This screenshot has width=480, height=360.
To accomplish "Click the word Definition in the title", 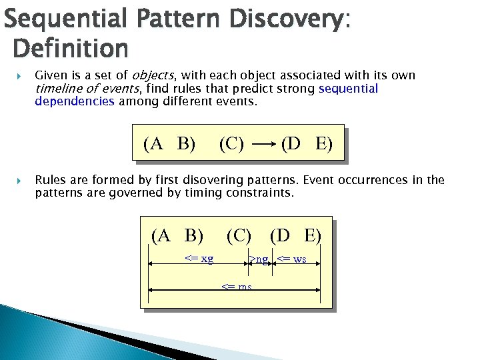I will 70,49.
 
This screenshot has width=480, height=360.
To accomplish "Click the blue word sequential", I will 348,89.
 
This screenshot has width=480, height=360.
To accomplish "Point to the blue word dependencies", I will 75,101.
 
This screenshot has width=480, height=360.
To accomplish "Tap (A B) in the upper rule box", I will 169,143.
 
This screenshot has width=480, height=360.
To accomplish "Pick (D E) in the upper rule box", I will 306,143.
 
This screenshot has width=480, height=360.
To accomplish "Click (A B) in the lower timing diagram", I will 177,235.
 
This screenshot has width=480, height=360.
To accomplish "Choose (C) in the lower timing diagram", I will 239,235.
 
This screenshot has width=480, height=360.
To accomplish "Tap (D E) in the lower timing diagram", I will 295,235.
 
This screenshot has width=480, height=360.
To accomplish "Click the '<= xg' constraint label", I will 199,259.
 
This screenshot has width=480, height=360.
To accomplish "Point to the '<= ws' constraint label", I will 291,259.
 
